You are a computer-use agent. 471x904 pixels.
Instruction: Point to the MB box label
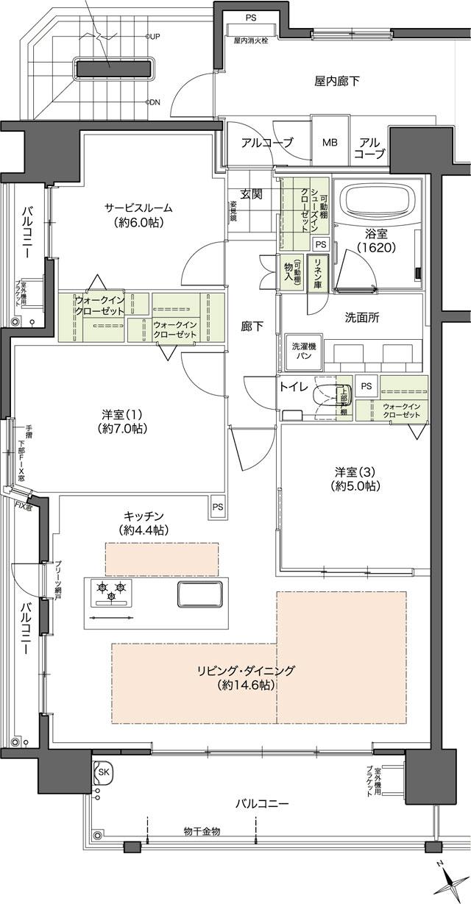pos(329,142)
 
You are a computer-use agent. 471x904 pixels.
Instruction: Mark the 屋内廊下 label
pos(337,81)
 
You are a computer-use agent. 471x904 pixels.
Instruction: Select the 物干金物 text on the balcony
pos(202,830)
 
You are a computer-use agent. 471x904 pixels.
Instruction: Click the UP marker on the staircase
pos(155,35)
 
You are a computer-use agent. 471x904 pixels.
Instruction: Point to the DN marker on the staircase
pos(155,102)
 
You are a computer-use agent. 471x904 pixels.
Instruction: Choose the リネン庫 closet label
pos(318,273)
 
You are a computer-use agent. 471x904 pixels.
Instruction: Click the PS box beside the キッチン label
pos(217,507)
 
